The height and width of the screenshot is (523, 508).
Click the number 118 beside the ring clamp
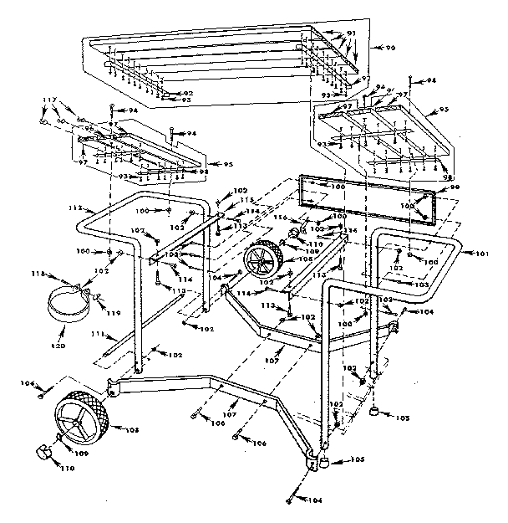click(37, 273)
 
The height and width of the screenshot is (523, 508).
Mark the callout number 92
click(187, 93)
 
